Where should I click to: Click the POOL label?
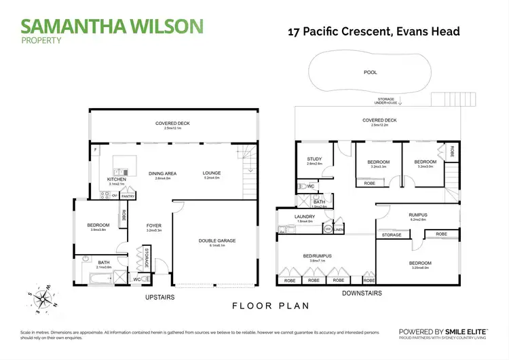[x=369, y=72]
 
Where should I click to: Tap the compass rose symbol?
[x=42, y=297]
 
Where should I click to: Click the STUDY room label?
[x=314, y=160]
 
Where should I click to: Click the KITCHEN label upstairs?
[x=117, y=179]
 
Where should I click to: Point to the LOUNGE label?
[x=212, y=173]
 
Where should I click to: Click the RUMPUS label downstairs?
[x=418, y=215]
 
